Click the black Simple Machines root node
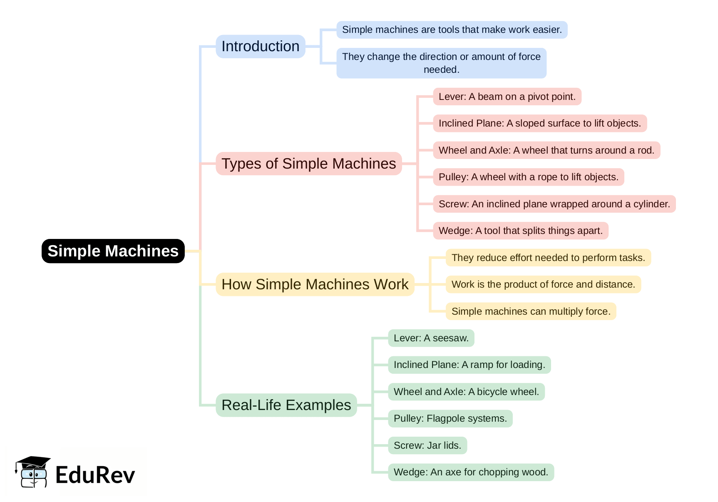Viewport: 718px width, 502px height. coord(113,251)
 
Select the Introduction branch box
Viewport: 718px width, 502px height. coord(260,46)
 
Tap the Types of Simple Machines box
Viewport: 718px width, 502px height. coord(308,164)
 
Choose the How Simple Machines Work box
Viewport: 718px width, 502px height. coord(315,284)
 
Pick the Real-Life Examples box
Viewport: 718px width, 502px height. coord(286,405)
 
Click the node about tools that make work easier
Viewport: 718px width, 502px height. coord(452,30)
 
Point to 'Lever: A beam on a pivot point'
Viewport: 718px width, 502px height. coord(507,97)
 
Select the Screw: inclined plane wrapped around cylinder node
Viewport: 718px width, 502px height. coord(554,204)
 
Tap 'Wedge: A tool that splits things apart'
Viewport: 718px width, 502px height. coord(520,231)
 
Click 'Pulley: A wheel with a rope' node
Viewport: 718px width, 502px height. coord(528,177)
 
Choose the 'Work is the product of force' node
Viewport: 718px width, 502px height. coord(543,284)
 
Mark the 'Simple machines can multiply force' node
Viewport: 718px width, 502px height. coord(531,311)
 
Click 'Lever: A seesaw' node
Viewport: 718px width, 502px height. coord(431,338)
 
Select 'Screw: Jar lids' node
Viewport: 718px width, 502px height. coord(427,445)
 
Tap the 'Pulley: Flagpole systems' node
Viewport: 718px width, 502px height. coord(450,418)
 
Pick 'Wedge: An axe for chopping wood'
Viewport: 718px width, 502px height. coord(471,472)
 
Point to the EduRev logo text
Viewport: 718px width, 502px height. coord(95,475)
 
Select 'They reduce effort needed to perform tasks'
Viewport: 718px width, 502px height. coord(548,258)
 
